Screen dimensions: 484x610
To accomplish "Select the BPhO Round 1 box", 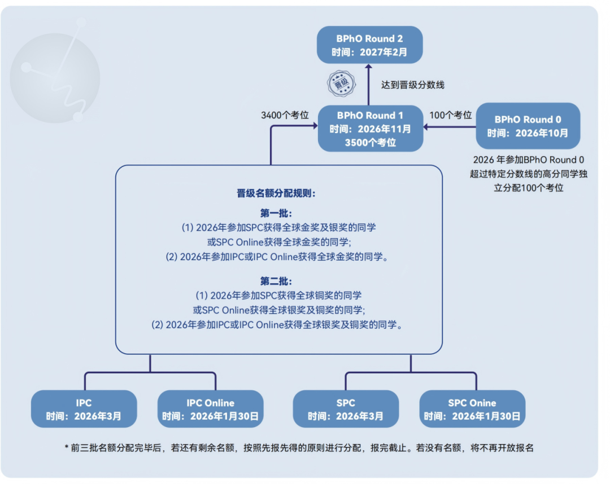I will point(370,129).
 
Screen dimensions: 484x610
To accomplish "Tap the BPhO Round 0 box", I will point(528,126).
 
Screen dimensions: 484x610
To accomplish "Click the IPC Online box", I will point(210,410).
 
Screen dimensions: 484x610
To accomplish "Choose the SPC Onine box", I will point(472,410).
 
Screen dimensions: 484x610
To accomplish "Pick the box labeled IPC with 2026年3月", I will point(84,410).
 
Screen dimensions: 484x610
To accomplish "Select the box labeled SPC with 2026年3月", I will point(346,410).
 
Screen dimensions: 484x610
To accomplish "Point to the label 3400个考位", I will point(285,115).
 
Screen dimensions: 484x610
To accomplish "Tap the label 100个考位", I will point(451,115).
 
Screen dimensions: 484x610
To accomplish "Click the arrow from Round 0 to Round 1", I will point(449,127).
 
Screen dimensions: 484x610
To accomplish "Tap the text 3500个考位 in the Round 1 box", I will point(370,143).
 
